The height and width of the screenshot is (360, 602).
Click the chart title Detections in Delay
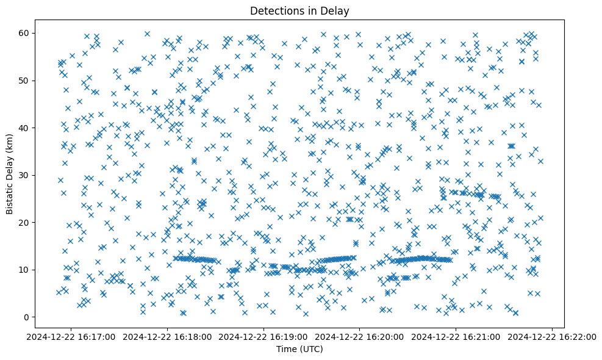coord(299,10)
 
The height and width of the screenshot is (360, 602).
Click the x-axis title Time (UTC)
coord(299,350)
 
